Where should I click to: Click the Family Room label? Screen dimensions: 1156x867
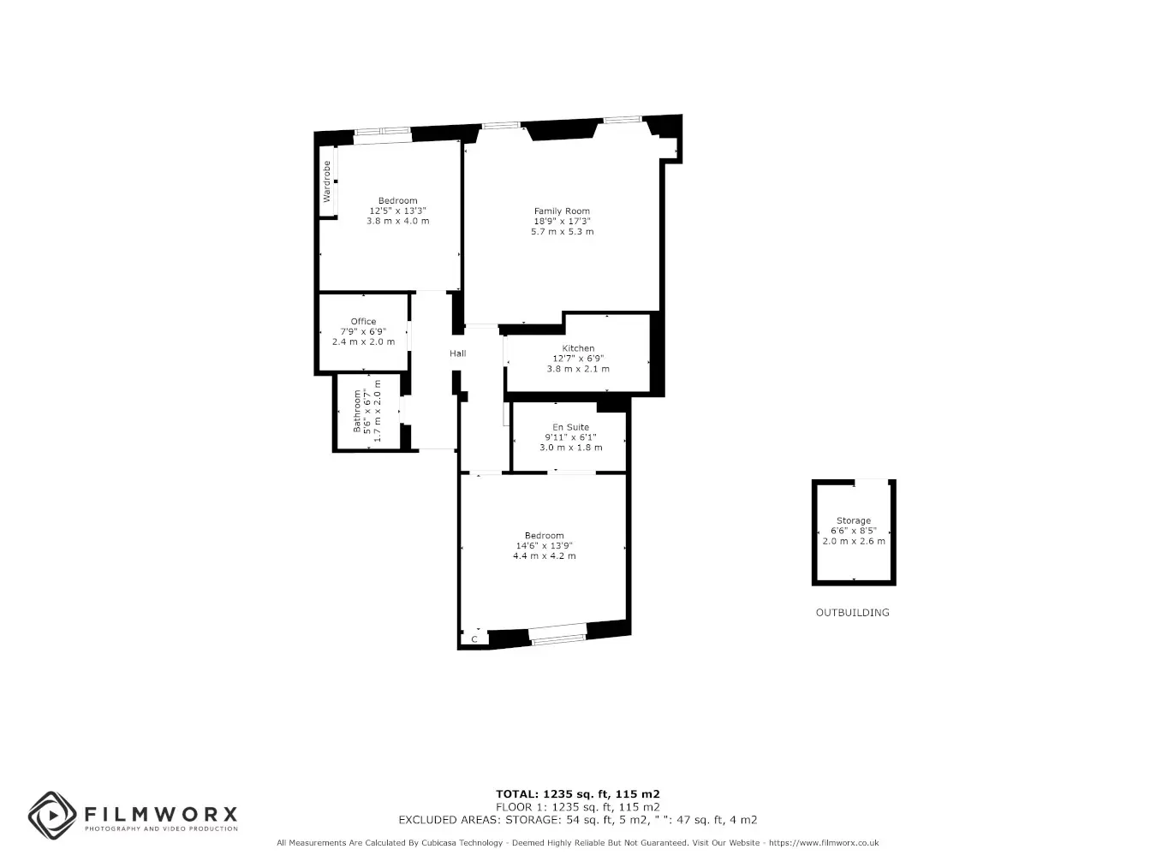click(562, 211)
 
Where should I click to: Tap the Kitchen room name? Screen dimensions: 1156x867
click(578, 348)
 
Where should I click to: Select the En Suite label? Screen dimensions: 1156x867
click(570, 427)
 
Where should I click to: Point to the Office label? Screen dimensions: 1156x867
click(363, 322)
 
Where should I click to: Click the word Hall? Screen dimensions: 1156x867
click(457, 353)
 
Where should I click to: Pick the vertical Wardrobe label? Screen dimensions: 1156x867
click(326, 181)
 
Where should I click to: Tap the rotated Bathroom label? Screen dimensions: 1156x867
click(357, 411)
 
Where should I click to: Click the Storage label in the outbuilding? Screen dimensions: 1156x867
click(853, 520)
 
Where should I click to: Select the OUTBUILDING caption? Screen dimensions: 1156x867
click(852, 613)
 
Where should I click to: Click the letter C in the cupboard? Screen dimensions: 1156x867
click(474, 639)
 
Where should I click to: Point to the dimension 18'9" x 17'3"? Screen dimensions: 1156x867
click(562, 222)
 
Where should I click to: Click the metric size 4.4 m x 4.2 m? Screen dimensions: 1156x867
click(544, 556)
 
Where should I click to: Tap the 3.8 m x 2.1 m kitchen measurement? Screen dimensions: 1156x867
click(578, 369)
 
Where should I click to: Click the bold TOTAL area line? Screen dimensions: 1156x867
click(578, 794)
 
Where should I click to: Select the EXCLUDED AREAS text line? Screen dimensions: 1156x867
click(578, 820)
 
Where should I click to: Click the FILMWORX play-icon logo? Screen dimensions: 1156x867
click(52, 816)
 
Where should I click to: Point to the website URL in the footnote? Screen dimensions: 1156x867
click(824, 843)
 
